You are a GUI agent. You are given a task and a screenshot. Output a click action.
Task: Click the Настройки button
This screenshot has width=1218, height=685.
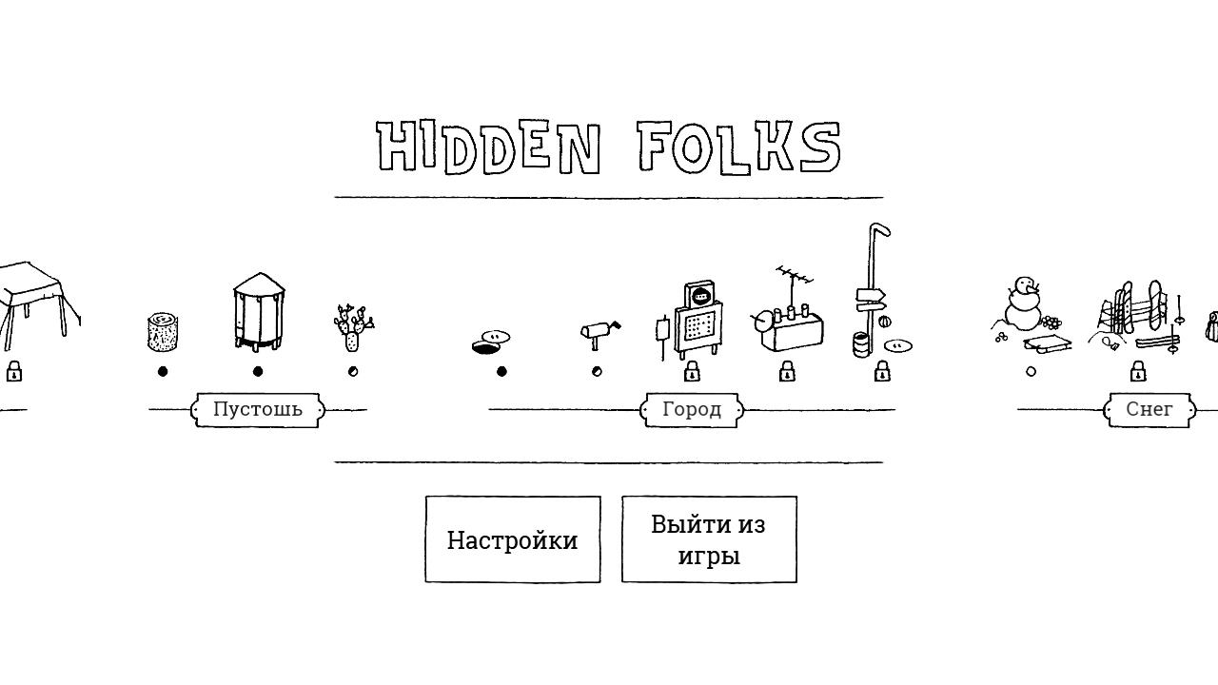point(513,539)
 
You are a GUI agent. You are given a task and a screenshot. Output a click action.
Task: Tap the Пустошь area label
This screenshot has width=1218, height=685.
point(258,410)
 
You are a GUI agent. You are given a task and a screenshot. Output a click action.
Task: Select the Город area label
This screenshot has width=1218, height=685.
point(692,410)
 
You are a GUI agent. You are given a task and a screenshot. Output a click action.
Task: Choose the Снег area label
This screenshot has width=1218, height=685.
point(1149,410)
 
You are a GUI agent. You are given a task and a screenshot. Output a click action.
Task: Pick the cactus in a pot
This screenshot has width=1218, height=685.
point(353,327)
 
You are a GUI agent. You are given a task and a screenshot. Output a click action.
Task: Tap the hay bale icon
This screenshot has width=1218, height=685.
point(163,332)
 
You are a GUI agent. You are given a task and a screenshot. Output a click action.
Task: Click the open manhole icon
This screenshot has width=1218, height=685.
point(491,342)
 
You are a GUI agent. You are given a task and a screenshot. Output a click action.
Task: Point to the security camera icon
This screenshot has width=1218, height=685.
point(599,334)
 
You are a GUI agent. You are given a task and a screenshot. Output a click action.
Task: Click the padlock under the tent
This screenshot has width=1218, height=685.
point(14,371)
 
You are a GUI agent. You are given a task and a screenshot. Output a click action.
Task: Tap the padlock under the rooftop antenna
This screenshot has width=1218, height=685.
point(787,371)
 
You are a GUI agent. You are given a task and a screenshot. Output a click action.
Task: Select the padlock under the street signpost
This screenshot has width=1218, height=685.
point(882,371)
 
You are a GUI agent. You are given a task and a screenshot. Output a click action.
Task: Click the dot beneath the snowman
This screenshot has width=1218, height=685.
point(1031,372)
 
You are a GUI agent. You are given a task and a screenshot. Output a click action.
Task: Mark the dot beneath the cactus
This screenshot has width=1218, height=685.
point(353,372)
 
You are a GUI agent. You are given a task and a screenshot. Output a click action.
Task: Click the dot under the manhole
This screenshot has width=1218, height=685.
point(501,372)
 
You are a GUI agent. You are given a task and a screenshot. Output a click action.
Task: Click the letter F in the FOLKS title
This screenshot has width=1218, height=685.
point(652,146)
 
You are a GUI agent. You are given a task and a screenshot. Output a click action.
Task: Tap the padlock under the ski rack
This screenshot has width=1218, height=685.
point(1138,371)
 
